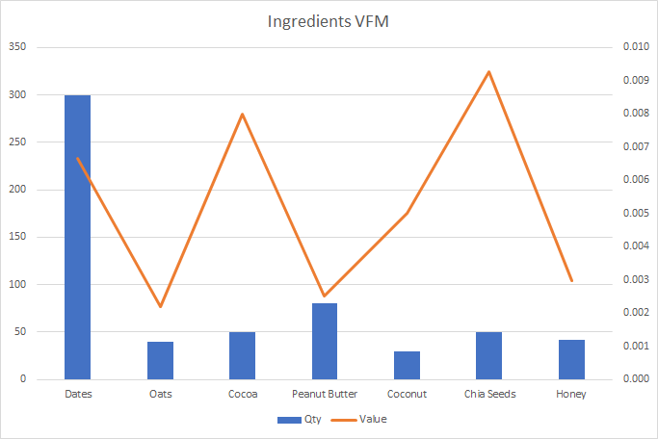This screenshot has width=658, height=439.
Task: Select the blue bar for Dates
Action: point(77,237)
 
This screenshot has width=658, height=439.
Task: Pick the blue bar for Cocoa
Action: point(242,356)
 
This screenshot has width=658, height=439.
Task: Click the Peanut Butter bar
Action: point(325,342)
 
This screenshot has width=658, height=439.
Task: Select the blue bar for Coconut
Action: point(407,366)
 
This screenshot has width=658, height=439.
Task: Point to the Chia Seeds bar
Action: point(488,356)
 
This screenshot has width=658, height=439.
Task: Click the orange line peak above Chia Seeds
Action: point(488,71)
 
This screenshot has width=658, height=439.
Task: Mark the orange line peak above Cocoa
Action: point(242,114)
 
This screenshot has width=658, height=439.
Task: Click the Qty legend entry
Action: point(300,420)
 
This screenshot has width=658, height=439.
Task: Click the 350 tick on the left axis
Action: point(18,47)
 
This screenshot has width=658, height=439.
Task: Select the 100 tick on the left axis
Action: point(18,285)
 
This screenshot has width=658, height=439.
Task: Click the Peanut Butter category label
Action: point(325,395)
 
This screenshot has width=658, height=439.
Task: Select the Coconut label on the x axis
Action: point(407,395)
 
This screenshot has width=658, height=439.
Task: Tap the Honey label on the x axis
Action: point(571,395)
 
